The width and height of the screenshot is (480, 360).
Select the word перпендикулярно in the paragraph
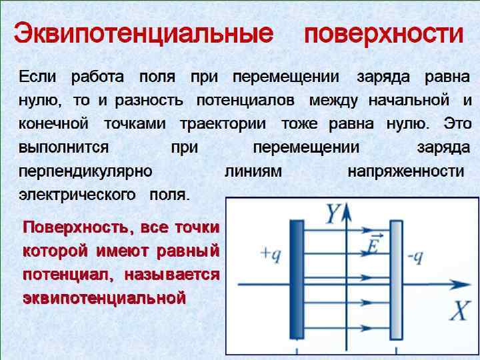[86, 171]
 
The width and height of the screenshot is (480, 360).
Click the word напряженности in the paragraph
[405, 171]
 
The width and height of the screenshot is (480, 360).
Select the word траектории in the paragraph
[223, 123]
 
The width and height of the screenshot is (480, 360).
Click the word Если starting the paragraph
[37, 76]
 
